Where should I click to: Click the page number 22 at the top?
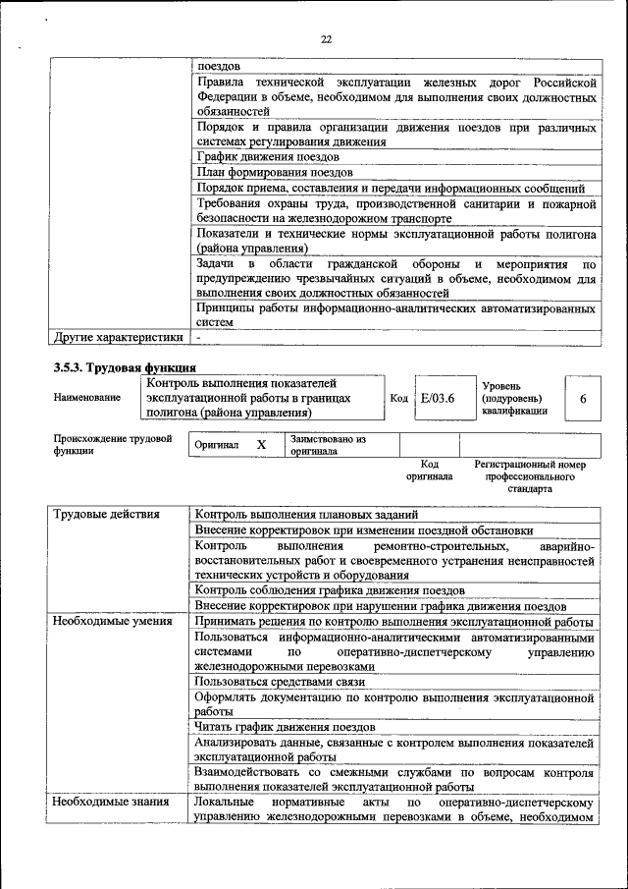(327, 39)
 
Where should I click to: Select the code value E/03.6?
(432, 400)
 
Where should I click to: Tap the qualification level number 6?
(583, 400)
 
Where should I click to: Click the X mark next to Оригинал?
(261, 445)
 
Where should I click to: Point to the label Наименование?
(87, 398)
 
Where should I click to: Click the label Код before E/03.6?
(398, 400)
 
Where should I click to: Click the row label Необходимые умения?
(112, 621)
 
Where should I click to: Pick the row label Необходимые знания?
(110, 803)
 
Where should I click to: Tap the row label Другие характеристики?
(118, 337)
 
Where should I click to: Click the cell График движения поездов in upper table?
(267, 156)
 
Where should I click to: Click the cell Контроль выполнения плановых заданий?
(307, 514)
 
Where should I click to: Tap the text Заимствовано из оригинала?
(328, 445)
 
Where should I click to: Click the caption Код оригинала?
(429, 470)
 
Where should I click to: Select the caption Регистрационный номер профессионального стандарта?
(529, 475)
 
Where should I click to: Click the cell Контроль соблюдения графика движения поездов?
(329, 590)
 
